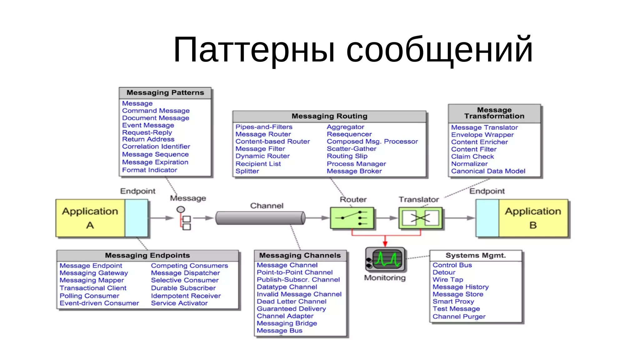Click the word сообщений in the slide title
coord(439,50)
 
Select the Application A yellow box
coord(90,218)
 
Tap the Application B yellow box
coord(533,218)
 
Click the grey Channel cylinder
coord(260,218)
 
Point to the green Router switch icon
coord(352,218)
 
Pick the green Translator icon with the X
coord(420,218)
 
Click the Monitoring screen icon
coord(386,259)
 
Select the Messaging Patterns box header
coord(165,93)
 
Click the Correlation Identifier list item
coord(156,147)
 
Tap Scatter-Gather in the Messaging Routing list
coord(352,149)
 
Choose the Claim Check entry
coord(472,157)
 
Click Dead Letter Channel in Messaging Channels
coord(292,302)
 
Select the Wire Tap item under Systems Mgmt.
coord(448,280)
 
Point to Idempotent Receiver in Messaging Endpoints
coord(186,296)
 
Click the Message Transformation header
coord(494,113)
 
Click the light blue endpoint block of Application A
coord(137,218)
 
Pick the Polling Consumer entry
coord(89,296)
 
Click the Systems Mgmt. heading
coord(475,256)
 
